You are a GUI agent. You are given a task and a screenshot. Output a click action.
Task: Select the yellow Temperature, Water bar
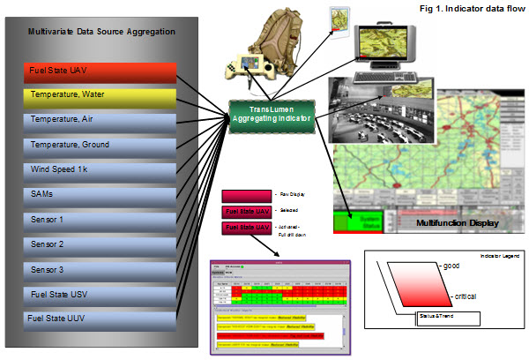(x=102, y=94)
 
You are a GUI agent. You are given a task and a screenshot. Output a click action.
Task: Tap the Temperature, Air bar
(x=102, y=118)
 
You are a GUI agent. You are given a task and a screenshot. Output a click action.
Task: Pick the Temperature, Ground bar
(x=102, y=142)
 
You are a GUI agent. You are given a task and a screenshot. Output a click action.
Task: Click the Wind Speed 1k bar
(x=102, y=168)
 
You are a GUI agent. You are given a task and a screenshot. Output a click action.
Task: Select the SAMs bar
(x=102, y=192)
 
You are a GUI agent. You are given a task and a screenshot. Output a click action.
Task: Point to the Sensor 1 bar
(x=102, y=217)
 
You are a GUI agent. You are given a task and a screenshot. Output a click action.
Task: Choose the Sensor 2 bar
(x=102, y=242)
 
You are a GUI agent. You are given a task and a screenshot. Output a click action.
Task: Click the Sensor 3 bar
(x=102, y=267)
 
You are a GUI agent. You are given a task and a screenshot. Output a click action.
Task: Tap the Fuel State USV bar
(x=102, y=292)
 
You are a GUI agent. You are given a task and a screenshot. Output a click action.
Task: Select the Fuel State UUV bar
(x=102, y=316)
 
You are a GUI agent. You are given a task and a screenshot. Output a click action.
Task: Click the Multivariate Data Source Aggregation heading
(x=102, y=32)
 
